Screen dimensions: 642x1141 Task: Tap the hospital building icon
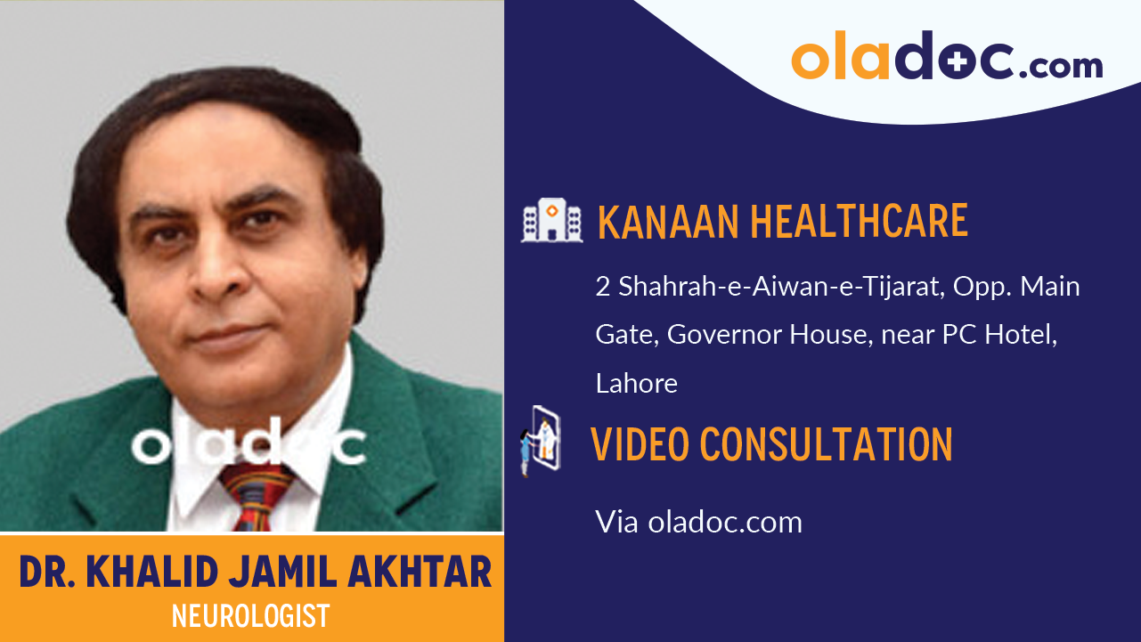pos(552,220)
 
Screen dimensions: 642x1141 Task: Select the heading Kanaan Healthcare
pos(782,221)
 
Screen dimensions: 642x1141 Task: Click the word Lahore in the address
pos(636,383)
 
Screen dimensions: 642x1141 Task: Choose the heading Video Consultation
pos(771,443)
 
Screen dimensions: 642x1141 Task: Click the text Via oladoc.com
pos(698,522)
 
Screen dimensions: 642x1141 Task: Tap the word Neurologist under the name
pos(250,615)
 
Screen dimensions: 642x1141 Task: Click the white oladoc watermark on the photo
pos(249,444)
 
